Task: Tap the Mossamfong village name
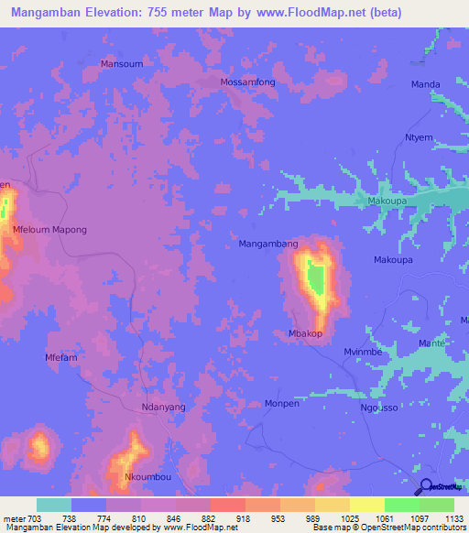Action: pos(247,82)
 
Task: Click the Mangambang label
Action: pos(268,245)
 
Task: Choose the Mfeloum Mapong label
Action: pos(49,230)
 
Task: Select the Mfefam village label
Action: pos(62,357)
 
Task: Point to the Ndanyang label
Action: pos(164,407)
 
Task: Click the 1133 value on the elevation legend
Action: pos(452,517)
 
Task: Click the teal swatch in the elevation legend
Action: pos(54,505)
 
